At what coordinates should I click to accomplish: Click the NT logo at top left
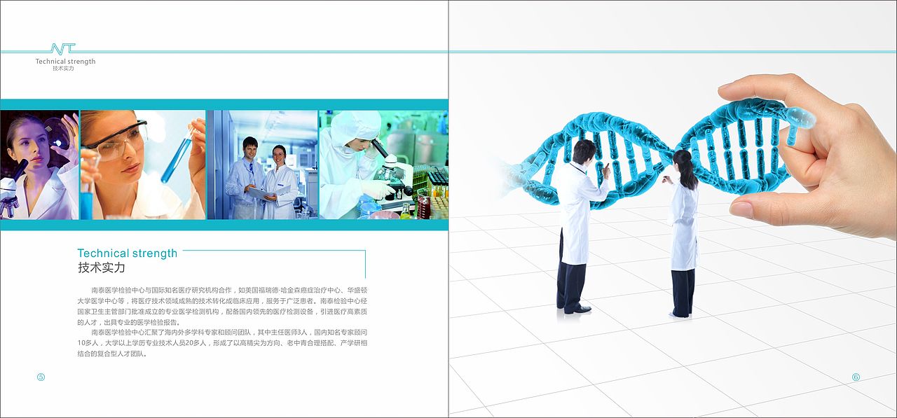click(x=62, y=49)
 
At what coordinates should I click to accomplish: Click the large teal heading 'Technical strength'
click(x=127, y=253)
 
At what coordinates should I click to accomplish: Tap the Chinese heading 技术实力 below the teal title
click(x=101, y=268)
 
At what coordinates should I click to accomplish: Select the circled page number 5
click(x=41, y=377)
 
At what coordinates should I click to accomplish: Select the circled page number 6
click(x=856, y=377)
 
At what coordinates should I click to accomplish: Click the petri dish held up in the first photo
click(x=57, y=130)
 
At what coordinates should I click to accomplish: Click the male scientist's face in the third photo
click(x=249, y=148)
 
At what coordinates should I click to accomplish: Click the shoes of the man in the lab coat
click(x=577, y=309)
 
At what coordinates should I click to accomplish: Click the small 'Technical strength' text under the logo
click(x=65, y=62)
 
